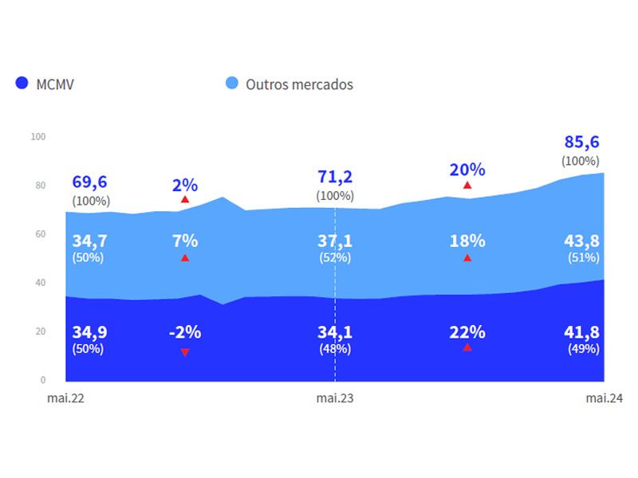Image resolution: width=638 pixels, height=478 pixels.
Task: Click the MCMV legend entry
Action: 45,84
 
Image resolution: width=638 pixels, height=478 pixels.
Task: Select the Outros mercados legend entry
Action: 289,84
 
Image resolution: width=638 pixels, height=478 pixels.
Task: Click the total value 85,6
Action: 581,143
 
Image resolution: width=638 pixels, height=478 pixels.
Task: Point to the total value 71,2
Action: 335,177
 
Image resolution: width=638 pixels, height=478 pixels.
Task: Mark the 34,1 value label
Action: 335,332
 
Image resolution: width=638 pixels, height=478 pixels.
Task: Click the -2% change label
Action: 184,332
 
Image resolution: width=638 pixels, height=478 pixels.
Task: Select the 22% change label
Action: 467,332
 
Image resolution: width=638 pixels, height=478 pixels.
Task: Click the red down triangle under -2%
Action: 185,352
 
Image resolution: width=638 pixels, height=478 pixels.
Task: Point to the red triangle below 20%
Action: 467,185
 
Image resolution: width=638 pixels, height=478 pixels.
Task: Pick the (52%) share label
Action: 335,257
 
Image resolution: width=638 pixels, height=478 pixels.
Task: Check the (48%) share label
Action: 335,349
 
